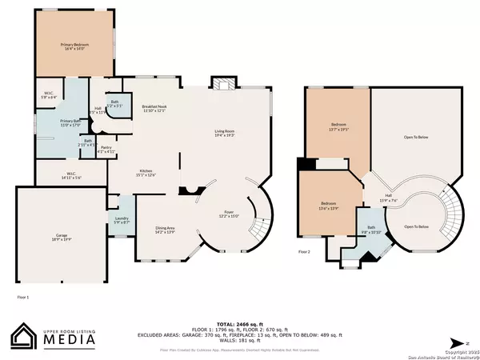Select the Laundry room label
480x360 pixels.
tap(122, 219)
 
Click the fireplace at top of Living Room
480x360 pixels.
tap(222, 84)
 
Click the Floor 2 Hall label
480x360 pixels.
tap(386, 198)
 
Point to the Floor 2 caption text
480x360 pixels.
tap(304, 251)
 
